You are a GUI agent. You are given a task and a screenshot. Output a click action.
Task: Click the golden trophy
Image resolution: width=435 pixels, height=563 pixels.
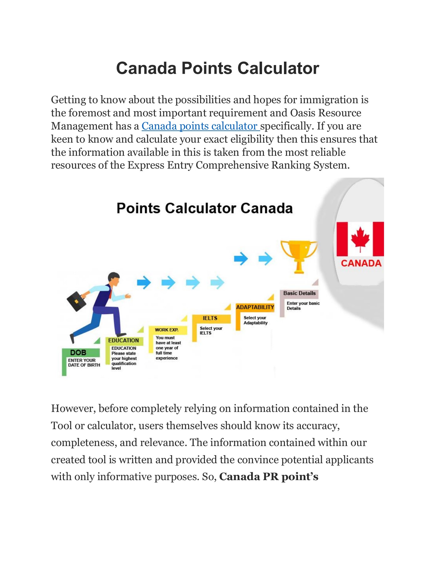pyautogui.click(x=299, y=255)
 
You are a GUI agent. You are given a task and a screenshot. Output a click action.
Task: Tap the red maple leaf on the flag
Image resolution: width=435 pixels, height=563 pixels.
pyautogui.click(x=360, y=238)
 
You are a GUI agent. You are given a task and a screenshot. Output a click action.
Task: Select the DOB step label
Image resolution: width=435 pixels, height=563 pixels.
pyautogui.click(x=78, y=353)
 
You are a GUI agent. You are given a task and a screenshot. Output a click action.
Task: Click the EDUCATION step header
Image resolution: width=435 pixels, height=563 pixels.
pyautogui.click(x=124, y=340)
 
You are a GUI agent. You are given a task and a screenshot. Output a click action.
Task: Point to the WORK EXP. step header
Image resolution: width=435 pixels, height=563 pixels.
pyautogui.click(x=167, y=330)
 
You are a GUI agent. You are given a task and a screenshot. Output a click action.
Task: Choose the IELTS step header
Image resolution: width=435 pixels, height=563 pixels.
pyautogui.click(x=210, y=318)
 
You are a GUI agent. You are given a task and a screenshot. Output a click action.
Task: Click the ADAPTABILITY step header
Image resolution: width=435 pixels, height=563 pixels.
pyautogui.click(x=255, y=307)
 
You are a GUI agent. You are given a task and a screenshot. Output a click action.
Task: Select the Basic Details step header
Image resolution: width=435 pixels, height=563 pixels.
pyautogui.click(x=299, y=293)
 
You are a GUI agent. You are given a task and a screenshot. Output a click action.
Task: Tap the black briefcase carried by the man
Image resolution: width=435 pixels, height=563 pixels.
pyautogui.click(x=76, y=301)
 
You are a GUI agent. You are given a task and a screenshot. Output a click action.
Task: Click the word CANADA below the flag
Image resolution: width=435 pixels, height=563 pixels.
pyautogui.click(x=361, y=263)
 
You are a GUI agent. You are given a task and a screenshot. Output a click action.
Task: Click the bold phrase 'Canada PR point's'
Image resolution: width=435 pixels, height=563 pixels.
pyautogui.click(x=269, y=476)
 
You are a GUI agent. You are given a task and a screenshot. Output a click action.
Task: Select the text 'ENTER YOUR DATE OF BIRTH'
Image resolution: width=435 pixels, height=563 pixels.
pyautogui.click(x=84, y=363)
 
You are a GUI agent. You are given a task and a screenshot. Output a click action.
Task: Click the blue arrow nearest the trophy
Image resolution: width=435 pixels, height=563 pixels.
pyautogui.click(x=265, y=259)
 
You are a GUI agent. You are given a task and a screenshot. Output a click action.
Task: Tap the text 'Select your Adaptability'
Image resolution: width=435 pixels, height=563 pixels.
pyautogui.click(x=255, y=320)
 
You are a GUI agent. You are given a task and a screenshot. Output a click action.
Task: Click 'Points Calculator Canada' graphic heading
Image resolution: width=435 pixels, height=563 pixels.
pyautogui.click(x=205, y=208)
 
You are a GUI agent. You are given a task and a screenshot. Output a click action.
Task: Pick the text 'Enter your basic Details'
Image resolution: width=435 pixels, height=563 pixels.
pyautogui.click(x=302, y=306)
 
